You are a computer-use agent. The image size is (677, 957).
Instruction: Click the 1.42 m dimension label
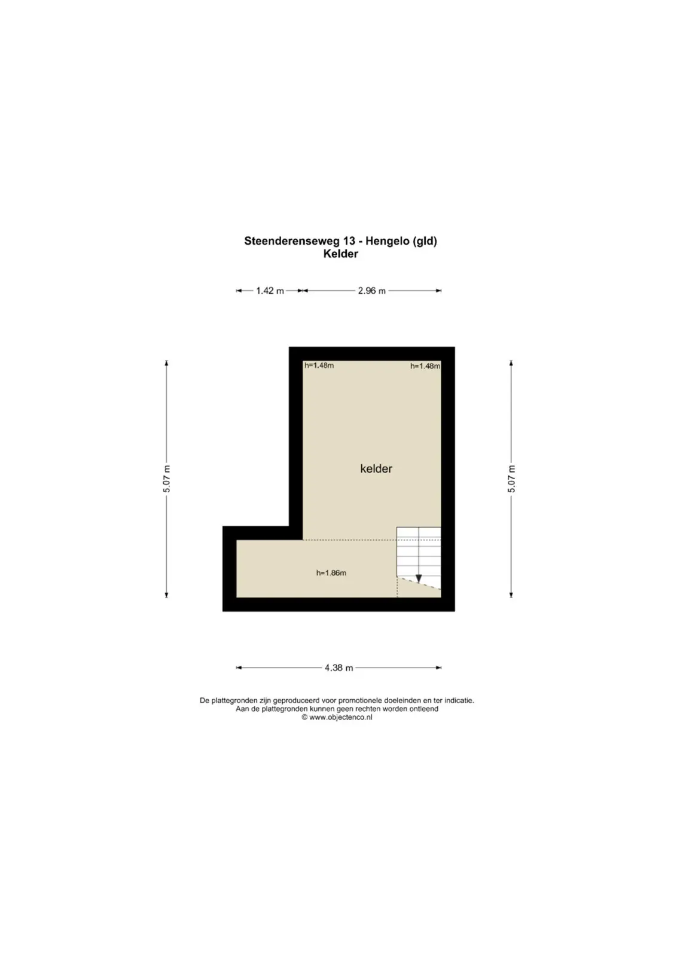pyautogui.click(x=270, y=291)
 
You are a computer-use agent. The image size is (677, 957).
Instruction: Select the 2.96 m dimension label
pyautogui.click(x=371, y=291)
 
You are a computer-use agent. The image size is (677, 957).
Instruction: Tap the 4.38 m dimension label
pyautogui.click(x=338, y=668)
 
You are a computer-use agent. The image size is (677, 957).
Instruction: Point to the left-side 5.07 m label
pyautogui.click(x=167, y=478)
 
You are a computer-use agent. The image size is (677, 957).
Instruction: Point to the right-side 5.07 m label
pyautogui.click(x=511, y=478)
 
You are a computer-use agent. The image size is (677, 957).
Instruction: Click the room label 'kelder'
pyautogui.click(x=376, y=469)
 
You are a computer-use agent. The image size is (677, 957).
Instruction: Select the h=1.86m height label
pyautogui.click(x=331, y=573)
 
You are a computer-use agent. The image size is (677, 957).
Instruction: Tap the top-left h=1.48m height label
pyautogui.click(x=319, y=365)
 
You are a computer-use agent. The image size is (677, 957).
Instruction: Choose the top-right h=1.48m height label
pyautogui.click(x=425, y=365)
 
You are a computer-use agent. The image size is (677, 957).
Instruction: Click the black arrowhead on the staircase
pyautogui.click(x=419, y=578)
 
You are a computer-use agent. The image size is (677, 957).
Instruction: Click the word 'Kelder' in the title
pyautogui.click(x=340, y=254)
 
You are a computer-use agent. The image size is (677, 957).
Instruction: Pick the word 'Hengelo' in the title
pyautogui.click(x=388, y=242)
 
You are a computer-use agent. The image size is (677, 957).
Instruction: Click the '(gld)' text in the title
pyautogui.click(x=425, y=242)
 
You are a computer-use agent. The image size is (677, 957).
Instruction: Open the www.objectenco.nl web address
pyautogui.click(x=341, y=718)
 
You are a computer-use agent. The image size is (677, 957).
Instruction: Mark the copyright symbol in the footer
pyautogui.click(x=304, y=718)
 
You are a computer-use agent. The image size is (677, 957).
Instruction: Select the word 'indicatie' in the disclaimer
pyautogui.click(x=459, y=700)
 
